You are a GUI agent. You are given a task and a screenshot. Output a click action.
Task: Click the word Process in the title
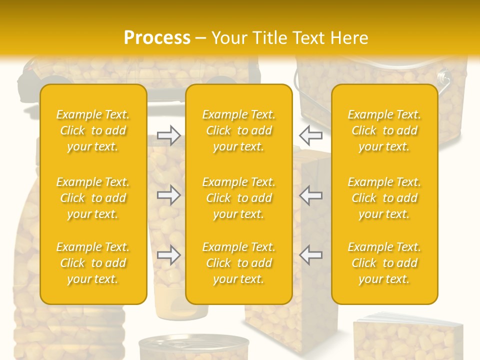pyautogui.click(x=157, y=38)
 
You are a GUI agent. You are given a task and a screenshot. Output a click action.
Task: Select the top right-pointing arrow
pyautogui.click(x=168, y=135)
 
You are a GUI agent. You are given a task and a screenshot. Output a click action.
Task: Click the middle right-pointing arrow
pyautogui.click(x=168, y=195)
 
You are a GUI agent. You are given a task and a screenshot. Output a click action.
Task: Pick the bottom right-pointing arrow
pyautogui.click(x=168, y=255)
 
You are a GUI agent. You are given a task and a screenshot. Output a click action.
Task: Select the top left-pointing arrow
pyautogui.click(x=310, y=135)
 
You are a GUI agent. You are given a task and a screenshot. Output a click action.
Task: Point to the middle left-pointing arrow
pyautogui.click(x=310, y=195)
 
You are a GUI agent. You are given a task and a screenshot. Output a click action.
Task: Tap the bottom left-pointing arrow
pyautogui.click(x=310, y=255)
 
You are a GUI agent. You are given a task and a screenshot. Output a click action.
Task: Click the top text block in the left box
pyautogui.click(x=93, y=130)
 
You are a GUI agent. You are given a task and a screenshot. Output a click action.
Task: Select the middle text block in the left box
pyautogui.click(x=93, y=198)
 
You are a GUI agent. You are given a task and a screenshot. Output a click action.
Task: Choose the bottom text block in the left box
pyautogui.click(x=93, y=263)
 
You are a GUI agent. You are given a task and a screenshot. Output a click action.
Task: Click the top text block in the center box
pyautogui.click(x=239, y=130)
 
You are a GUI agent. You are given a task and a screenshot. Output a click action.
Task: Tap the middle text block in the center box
pyautogui.click(x=239, y=198)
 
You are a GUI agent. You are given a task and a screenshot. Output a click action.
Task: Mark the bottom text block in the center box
pyautogui.click(x=239, y=263)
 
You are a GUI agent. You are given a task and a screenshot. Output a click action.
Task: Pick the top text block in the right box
pyautogui.click(x=384, y=130)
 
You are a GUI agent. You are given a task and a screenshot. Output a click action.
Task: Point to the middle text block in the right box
pyautogui.click(x=384, y=198)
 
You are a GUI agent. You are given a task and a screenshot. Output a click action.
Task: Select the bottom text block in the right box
pyautogui.click(x=384, y=263)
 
